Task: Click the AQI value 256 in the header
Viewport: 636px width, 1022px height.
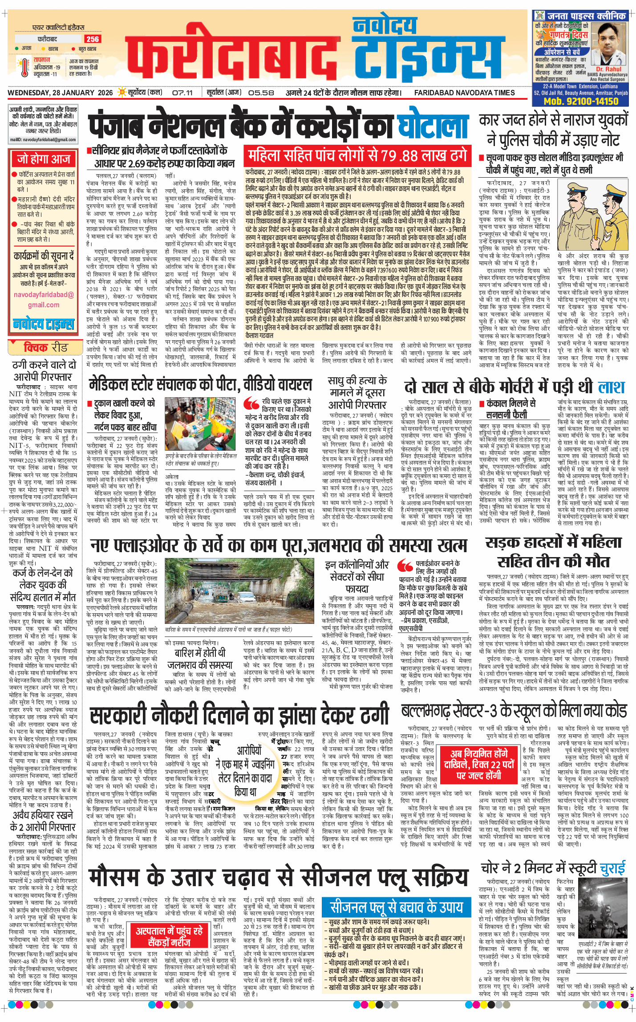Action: [93, 39]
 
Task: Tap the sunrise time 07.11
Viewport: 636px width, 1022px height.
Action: [182, 93]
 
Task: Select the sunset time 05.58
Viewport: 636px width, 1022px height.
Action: [261, 93]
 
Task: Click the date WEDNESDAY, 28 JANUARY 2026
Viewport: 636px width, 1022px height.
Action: [61, 93]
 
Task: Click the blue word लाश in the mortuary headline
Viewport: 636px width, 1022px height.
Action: [611, 387]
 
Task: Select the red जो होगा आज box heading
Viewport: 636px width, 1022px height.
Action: [44, 159]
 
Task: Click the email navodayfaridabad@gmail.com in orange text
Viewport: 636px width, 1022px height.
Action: [44, 300]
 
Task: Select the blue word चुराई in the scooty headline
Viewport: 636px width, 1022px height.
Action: [612, 868]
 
